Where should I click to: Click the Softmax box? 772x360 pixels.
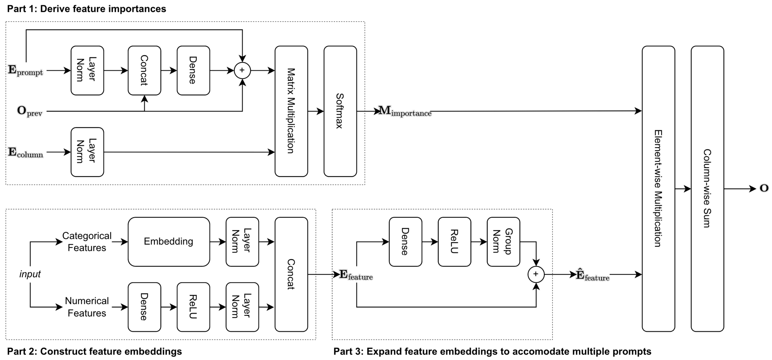(340, 111)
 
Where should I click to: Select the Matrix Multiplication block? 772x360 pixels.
(291, 111)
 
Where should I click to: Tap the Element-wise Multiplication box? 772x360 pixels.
(658, 189)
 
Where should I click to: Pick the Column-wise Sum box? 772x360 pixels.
(707, 189)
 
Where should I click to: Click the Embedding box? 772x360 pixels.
(169, 242)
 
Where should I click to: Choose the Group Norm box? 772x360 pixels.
(503, 242)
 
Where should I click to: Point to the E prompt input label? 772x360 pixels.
(25, 71)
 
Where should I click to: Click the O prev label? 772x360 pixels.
(29, 111)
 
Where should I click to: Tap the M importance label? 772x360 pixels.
(405, 111)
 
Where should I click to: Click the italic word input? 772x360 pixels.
(30, 274)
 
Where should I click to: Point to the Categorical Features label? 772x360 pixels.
(87, 242)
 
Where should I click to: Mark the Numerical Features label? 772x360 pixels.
(87, 307)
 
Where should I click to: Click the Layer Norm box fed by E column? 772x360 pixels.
(87, 152)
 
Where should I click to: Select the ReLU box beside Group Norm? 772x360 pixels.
(454, 242)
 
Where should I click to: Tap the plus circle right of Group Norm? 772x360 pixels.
(536, 274)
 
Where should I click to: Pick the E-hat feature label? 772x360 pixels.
(592, 275)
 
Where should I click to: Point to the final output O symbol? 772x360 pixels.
(764, 188)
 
